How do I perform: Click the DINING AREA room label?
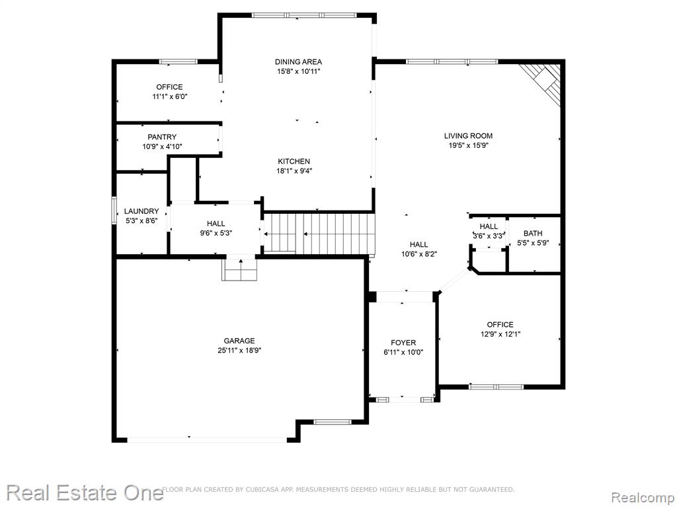point(298,61)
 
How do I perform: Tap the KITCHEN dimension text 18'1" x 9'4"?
point(294,171)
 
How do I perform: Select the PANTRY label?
point(162,137)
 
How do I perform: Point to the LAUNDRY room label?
point(141,211)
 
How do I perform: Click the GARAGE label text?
point(239,341)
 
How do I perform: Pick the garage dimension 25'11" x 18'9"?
point(239,351)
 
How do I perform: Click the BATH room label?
point(533,233)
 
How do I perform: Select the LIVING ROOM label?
point(468,136)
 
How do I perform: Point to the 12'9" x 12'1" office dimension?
point(500,334)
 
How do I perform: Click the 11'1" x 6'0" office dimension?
point(170,96)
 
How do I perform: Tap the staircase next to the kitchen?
point(319,233)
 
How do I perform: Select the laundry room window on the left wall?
point(114,210)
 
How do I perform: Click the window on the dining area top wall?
point(304,15)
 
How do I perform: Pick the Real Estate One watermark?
point(85,492)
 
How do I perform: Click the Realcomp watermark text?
point(643,498)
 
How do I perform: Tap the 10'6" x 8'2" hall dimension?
point(419,254)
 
